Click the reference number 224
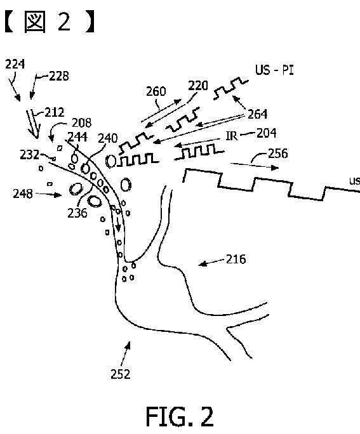point(15,64)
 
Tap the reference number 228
point(59,76)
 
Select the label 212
point(55,112)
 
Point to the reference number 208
point(82,122)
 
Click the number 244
point(77,136)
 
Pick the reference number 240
point(108,138)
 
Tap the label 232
point(30,155)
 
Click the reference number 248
point(23,194)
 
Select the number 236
point(77,213)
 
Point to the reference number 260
point(156,91)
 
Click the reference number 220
point(198,86)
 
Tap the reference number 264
point(258,114)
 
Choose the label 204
point(267,133)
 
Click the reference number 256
point(277,153)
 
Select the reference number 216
point(236,260)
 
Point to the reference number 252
point(121,374)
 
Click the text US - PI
point(274,70)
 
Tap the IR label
point(232,136)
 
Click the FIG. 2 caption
point(180,416)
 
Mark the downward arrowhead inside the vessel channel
point(118,228)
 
